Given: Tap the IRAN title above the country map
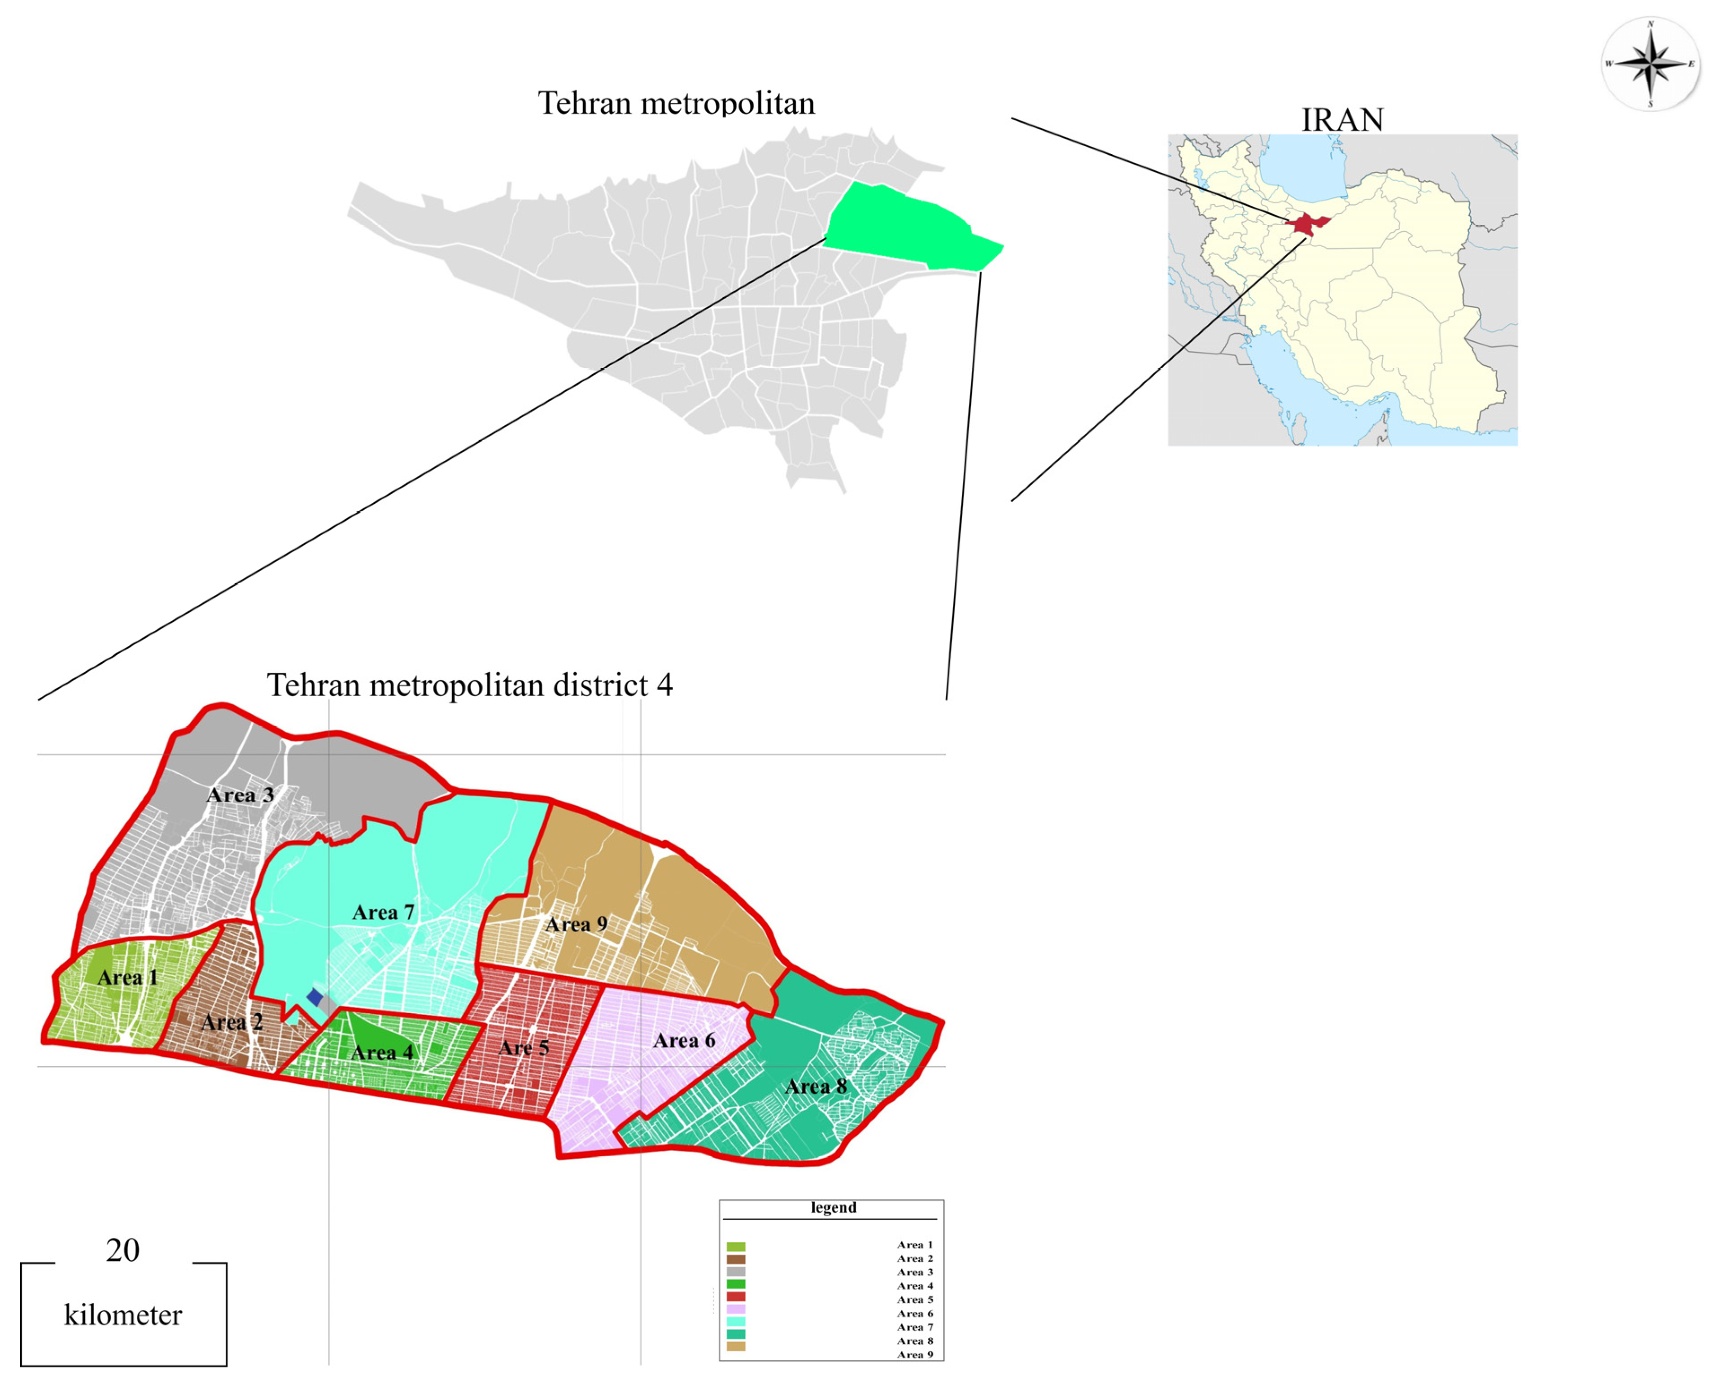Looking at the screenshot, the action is pos(1342,120).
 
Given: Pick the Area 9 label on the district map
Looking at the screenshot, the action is pos(576,924).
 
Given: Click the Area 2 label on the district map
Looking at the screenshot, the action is pos(232,1022).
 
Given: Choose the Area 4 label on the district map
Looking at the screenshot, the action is pos(382,1052).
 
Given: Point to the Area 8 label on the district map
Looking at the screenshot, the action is pos(816,1086).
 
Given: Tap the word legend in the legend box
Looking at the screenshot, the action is pos(833,1207).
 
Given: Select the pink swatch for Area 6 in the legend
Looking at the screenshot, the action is pos(736,1309).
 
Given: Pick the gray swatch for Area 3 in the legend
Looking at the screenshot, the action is pos(736,1271).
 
